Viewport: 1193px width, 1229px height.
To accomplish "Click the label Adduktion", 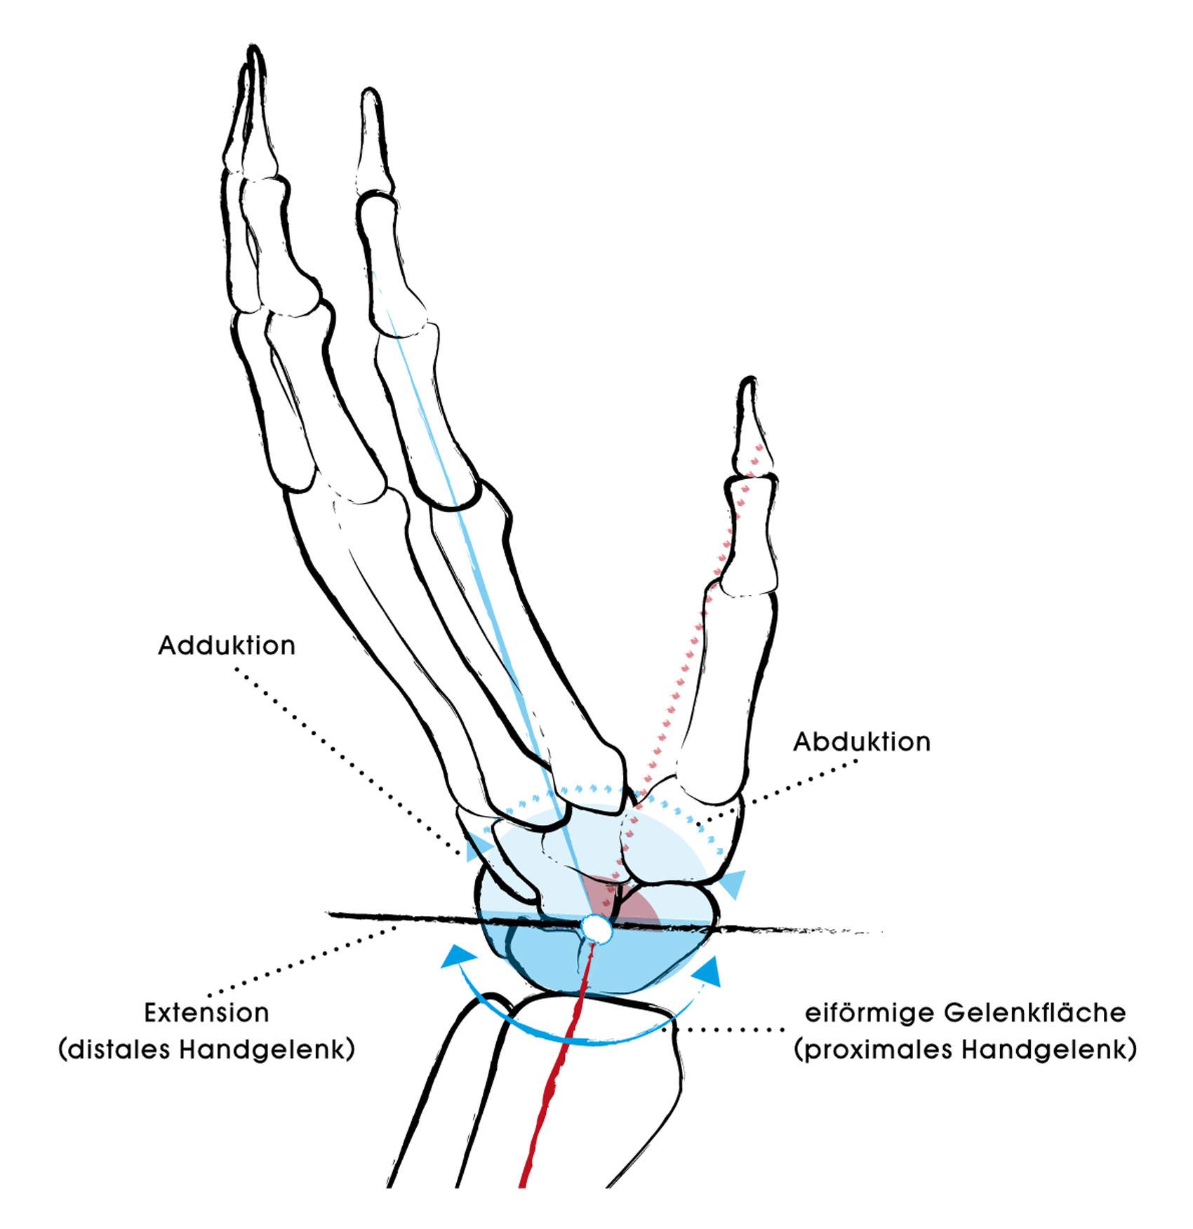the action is pos(227,645).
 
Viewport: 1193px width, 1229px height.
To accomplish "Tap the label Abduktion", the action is pos(862,741).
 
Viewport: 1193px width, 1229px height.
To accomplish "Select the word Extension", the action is pos(206,1013).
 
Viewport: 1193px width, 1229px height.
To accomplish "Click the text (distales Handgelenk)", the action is pos(207,1050).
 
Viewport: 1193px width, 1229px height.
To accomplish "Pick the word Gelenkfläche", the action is pos(1035,1013).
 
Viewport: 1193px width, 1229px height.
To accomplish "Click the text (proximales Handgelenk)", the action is pos(966,1050).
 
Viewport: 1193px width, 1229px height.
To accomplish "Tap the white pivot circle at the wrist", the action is pos(597,927).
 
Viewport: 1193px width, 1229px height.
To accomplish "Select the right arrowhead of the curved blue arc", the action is pos(707,972).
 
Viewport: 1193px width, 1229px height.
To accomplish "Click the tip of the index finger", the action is pos(370,91).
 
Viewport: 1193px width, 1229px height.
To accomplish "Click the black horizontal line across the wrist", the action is pos(604,924).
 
